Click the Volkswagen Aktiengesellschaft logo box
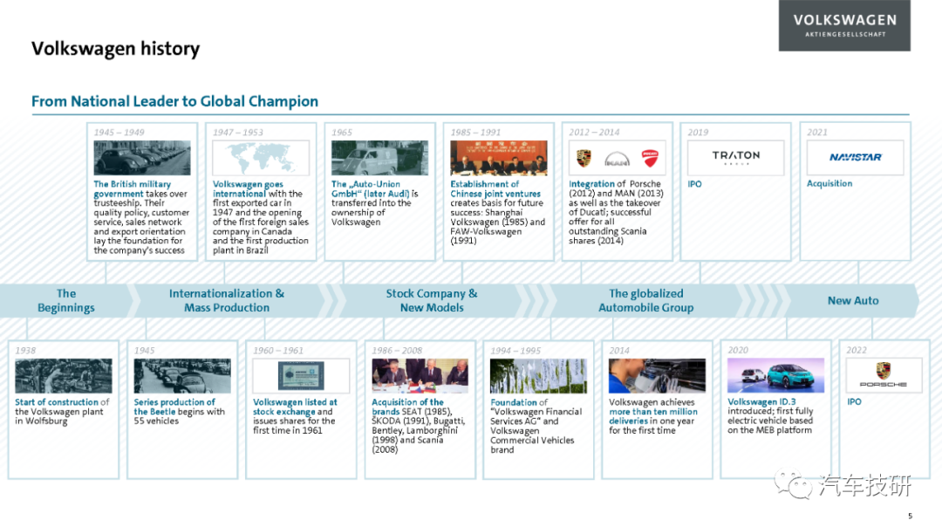pyautogui.click(x=844, y=25)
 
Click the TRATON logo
pyautogui.click(x=736, y=157)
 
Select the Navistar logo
pyautogui.click(x=855, y=157)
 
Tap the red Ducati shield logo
pyautogui.click(x=650, y=158)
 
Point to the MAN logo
pyautogui.click(x=617, y=160)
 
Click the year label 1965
pyautogui.click(x=342, y=133)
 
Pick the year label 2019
pyautogui.click(x=698, y=133)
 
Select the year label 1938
pyautogui.click(x=25, y=351)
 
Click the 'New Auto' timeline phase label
pyautogui.click(x=853, y=300)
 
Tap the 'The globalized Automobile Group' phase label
pyautogui.click(x=645, y=300)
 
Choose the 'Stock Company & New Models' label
pyautogui.click(x=432, y=300)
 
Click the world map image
pyautogui.click(x=261, y=158)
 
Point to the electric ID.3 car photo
pyautogui.click(x=775, y=375)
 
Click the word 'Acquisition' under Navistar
pyautogui.click(x=829, y=184)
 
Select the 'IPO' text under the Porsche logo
pyautogui.click(x=854, y=401)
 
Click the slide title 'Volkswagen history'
pyautogui.click(x=115, y=49)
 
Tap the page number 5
pyautogui.click(x=910, y=516)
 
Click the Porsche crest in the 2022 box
pyautogui.click(x=883, y=370)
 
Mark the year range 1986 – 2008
pyautogui.click(x=397, y=351)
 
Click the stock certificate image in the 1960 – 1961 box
pyautogui.click(x=301, y=376)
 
